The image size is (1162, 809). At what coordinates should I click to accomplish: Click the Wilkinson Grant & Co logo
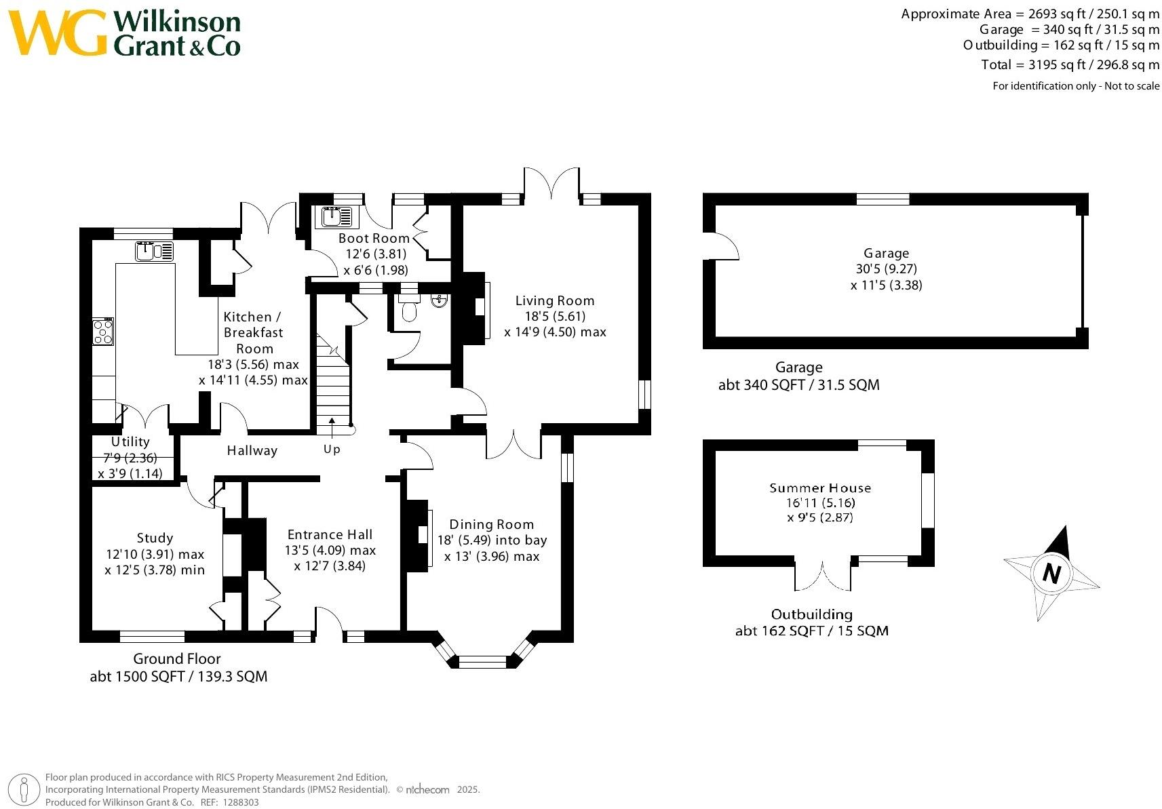click(125, 33)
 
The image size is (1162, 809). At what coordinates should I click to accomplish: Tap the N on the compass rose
click(1051, 574)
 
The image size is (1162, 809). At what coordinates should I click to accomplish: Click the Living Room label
click(554, 300)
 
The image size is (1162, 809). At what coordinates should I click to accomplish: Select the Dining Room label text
click(491, 524)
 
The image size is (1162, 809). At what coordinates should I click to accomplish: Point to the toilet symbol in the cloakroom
click(409, 311)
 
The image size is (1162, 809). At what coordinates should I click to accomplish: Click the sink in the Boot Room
click(335, 217)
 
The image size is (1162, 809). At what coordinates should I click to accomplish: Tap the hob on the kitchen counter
click(102, 332)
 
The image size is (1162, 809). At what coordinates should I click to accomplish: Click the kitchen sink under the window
click(155, 251)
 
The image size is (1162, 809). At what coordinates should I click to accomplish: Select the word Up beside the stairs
click(332, 449)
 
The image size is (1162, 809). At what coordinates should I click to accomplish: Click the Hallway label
click(252, 450)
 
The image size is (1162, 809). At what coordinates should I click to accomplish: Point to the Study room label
click(155, 538)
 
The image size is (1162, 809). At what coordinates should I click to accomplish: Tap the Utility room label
click(130, 441)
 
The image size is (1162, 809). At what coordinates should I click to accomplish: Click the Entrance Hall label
click(330, 534)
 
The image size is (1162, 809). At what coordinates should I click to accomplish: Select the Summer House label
click(819, 488)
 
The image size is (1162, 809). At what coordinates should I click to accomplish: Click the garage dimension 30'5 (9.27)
click(886, 269)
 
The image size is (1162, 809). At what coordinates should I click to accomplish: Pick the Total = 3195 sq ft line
click(1070, 65)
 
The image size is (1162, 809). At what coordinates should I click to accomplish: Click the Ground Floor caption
click(176, 658)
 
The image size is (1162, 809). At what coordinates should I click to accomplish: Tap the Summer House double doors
click(822, 575)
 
